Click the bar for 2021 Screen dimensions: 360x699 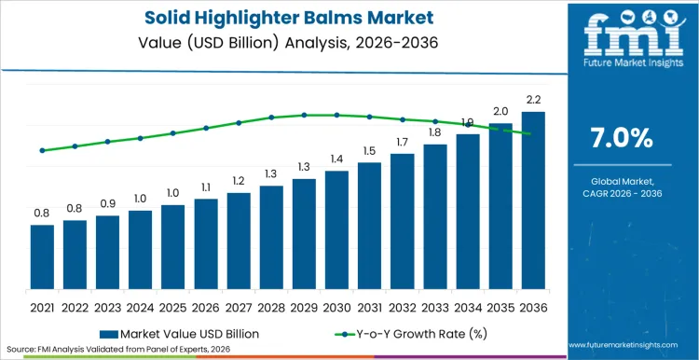pos(42,258)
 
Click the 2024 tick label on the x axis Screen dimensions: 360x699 pos(140,306)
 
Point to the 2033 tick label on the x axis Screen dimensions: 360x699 pos(435,306)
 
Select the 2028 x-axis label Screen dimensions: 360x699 pos(271,306)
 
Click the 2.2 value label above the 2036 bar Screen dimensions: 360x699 pos(533,100)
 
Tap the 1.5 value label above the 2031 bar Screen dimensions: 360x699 pos(370,151)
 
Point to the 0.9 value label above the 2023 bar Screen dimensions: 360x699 pos(108,204)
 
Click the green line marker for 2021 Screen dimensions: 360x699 pos(42,150)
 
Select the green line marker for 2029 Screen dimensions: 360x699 pos(304,115)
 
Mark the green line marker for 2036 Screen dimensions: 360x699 pos(529,134)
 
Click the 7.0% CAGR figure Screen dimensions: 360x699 pos(622,138)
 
